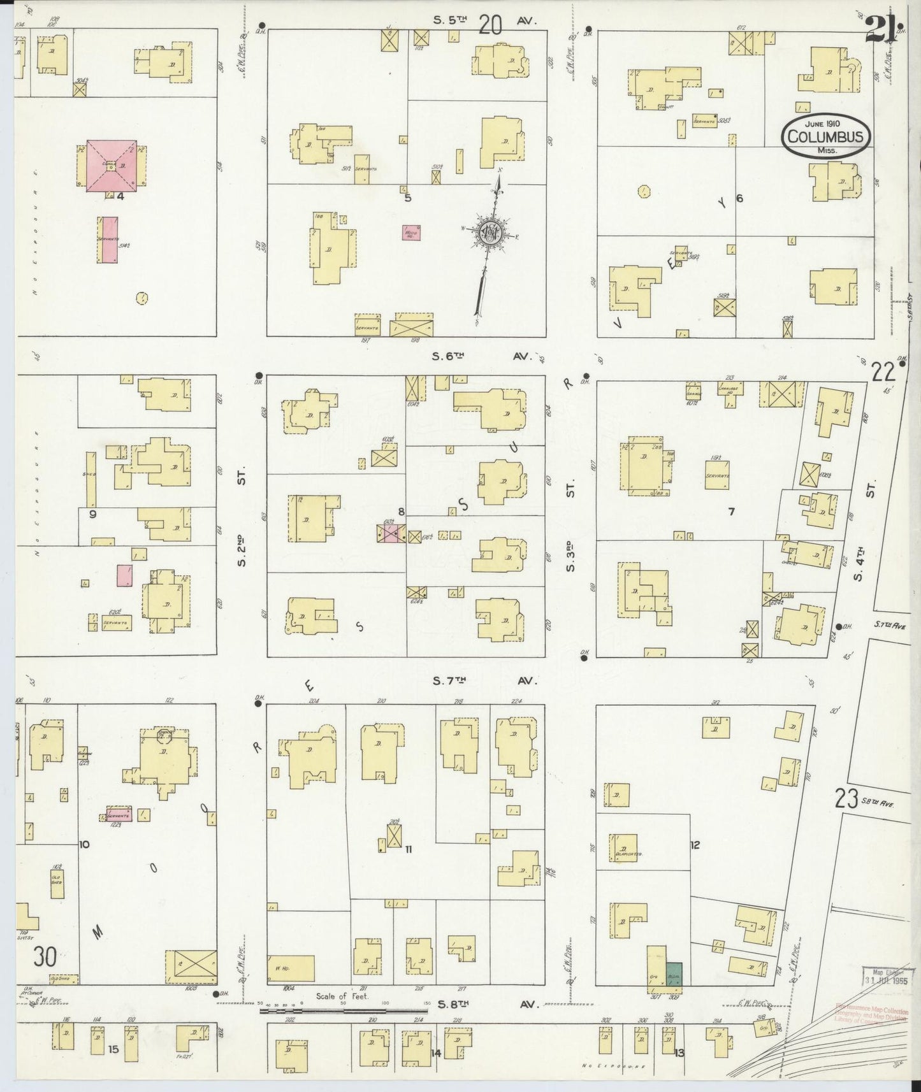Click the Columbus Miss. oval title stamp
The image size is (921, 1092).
[826, 135]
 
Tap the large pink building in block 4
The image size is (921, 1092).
[112, 164]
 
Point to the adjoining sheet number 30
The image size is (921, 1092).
[45, 957]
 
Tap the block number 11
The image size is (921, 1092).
[409, 849]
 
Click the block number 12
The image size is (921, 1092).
[695, 845]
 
